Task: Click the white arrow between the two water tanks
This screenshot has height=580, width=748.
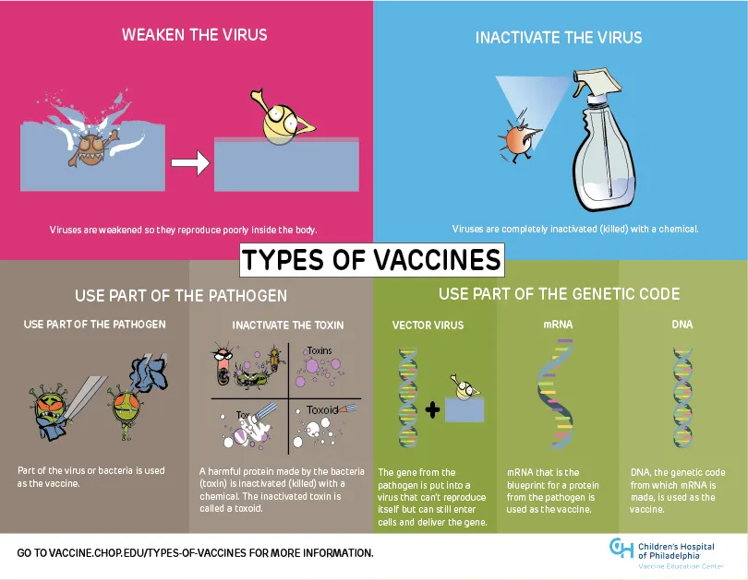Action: click(190, 163)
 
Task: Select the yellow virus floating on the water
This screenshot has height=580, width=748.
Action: click(282, 119)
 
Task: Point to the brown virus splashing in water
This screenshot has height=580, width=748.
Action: click(93, 148)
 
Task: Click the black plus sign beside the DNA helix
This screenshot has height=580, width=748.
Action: click(432, 409)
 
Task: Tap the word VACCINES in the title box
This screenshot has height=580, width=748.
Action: click(437, 260)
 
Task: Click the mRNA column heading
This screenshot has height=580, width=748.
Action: click(558, 325)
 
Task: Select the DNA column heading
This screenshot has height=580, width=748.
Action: click(682, 325)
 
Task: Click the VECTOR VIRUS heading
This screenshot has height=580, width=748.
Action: click(428, 326)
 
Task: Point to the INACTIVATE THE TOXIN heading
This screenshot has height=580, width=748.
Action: click(287, 326)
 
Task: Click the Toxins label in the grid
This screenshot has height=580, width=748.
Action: click(320, 350)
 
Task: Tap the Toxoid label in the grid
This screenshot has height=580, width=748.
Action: click(322, 410)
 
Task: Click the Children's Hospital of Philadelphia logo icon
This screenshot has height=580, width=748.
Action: click(621, 548)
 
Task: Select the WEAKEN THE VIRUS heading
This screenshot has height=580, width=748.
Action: click(194, 35)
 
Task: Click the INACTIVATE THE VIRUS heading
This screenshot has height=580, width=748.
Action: click(559, 38)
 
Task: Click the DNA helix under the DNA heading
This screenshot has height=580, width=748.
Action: click(682, 397)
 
